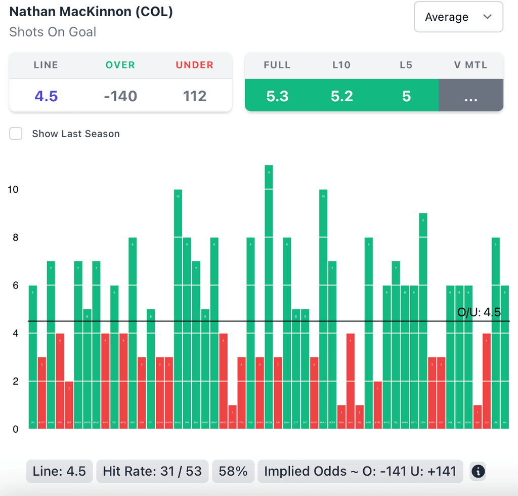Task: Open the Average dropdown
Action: (x=458, y=17)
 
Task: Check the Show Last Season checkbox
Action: (x=16, y=134)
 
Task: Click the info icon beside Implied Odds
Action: (x=478, y=472)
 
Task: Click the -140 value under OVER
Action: (x=120, y=96)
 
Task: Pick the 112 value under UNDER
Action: (x=195, y=96)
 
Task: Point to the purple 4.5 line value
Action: (x=46, y=96)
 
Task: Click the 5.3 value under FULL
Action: (x=277, y=96)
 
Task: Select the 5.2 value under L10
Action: (x=342, y=96)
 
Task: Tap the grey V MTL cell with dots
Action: (x=471, y=96)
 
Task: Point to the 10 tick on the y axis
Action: (x=13, y=189)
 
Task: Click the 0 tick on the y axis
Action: (x=15, y=429)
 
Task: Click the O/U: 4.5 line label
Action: (x=479, y=312)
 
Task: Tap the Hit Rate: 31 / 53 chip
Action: (x=152, y=472)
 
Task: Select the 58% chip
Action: (x=233, y=472)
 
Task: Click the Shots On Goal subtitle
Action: (x=53, y=32)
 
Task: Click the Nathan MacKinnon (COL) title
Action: (x=91, y=12)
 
